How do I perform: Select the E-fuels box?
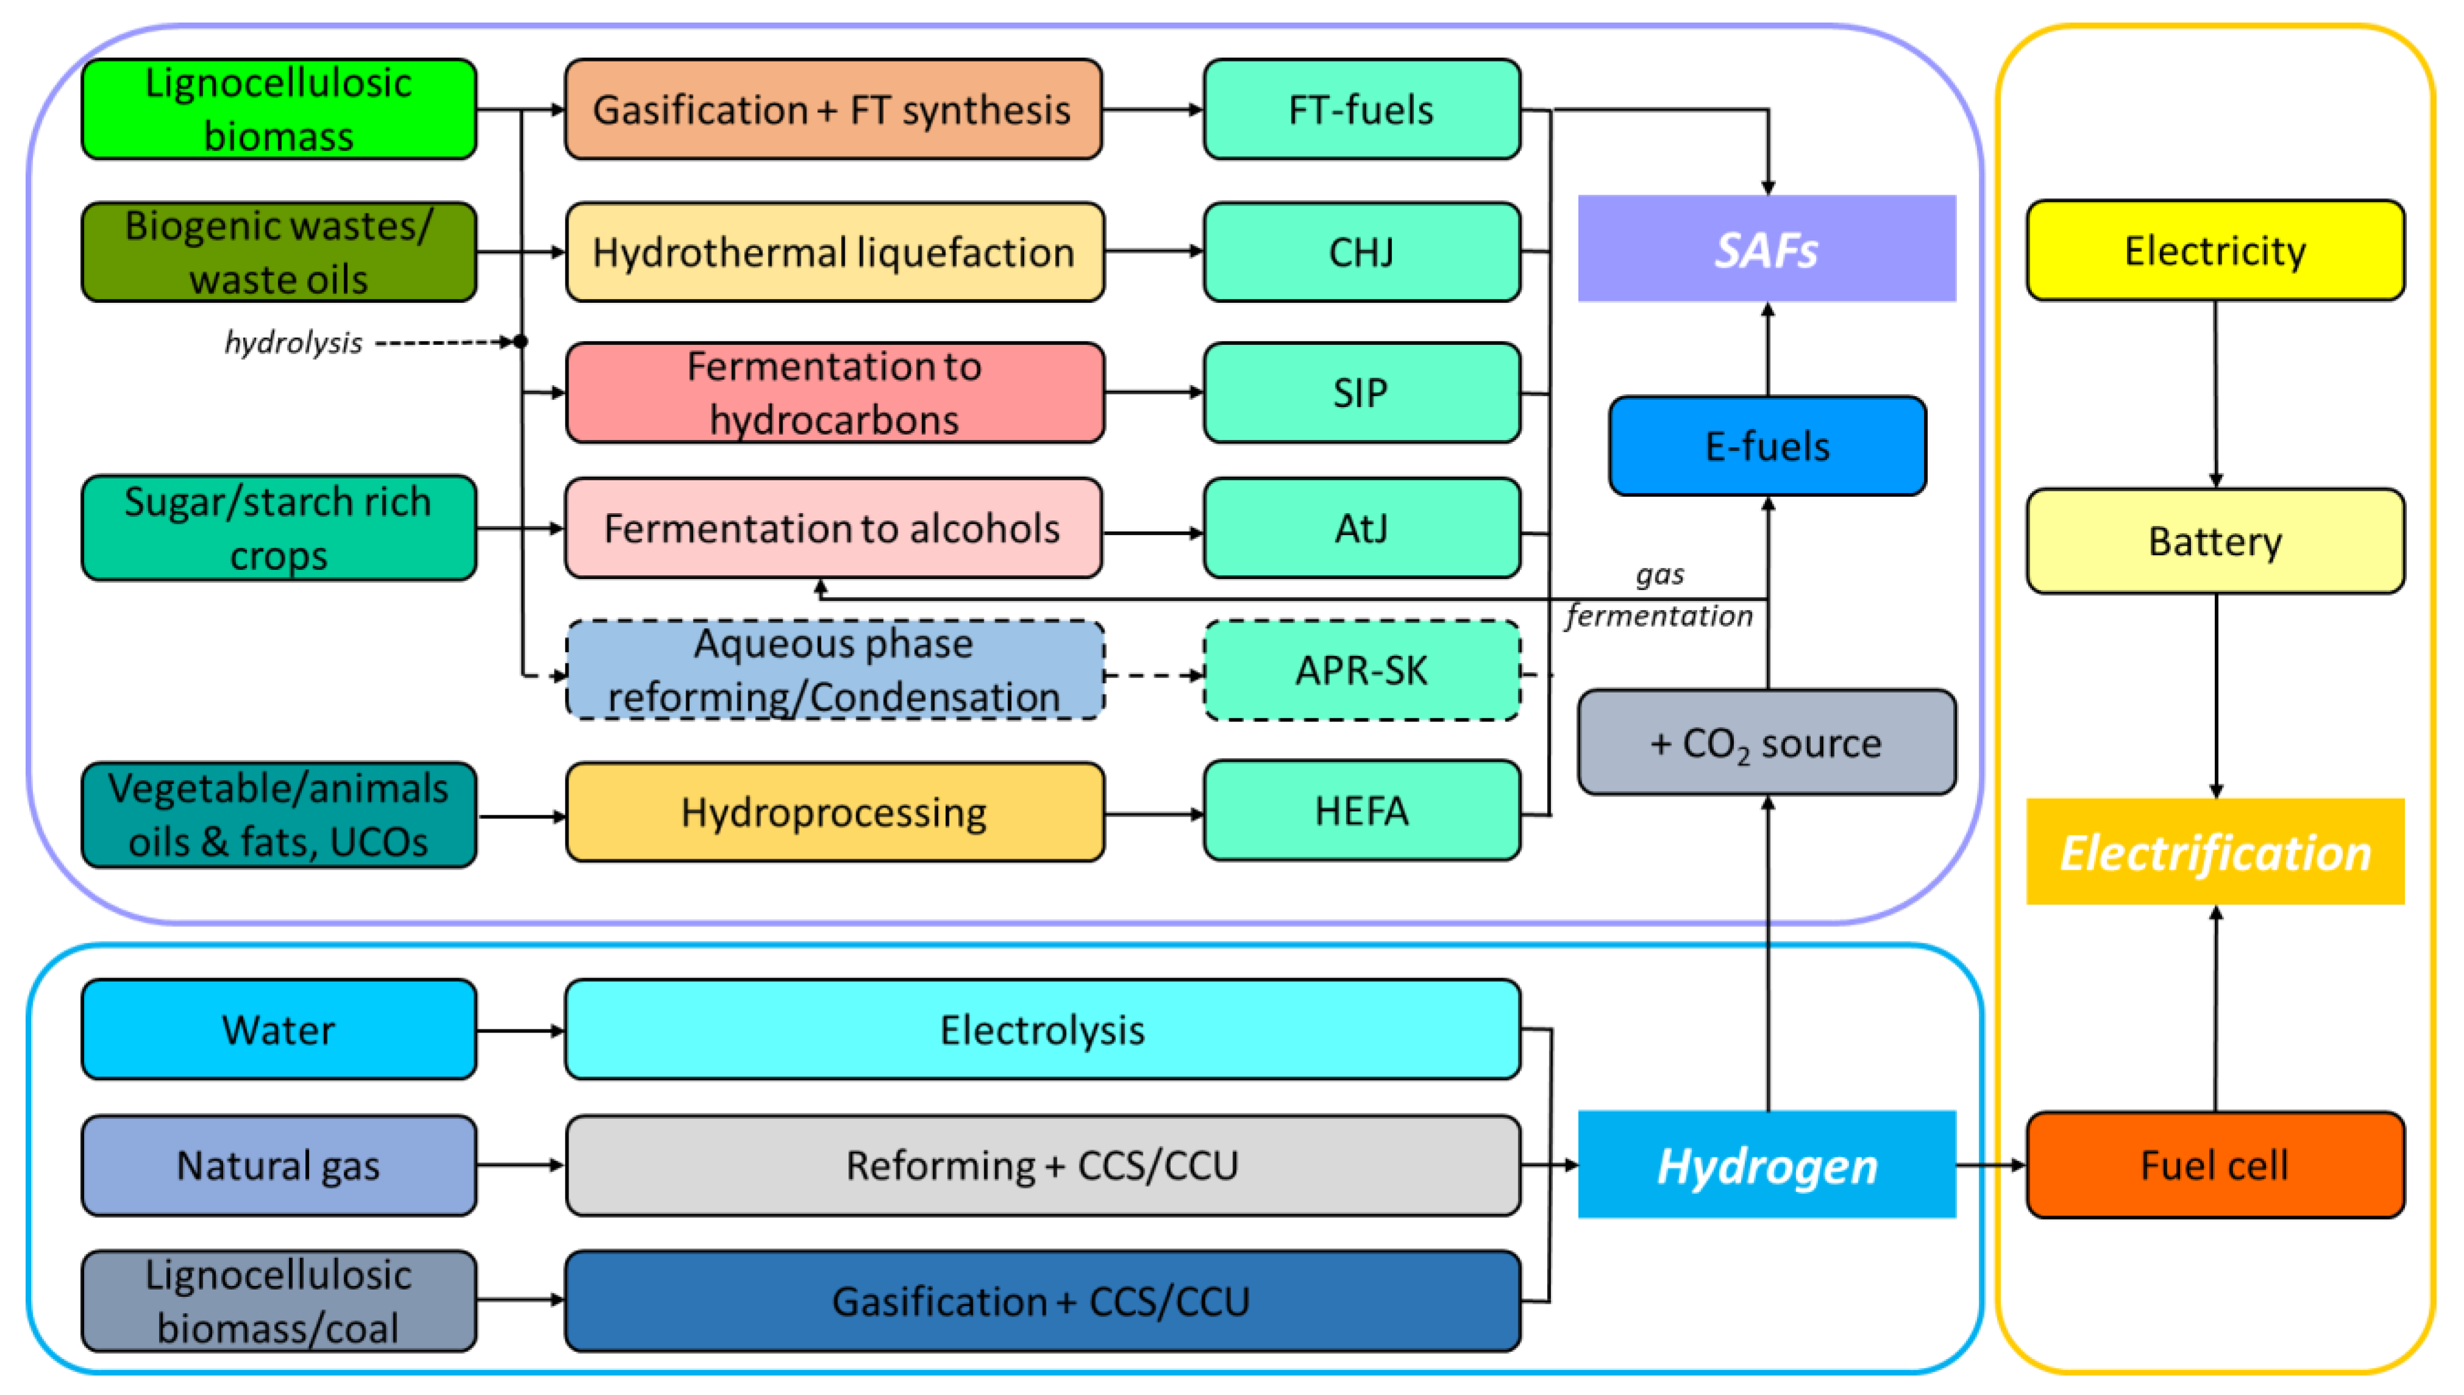click(1767, 447)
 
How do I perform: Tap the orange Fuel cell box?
click(2214, 1165)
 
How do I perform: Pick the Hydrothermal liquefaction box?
click(834, 252)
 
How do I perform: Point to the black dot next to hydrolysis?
click(520, 341)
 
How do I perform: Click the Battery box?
click(2214, 541)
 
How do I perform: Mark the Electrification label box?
click(2214, 852)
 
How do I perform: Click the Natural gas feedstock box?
click(278, 1165)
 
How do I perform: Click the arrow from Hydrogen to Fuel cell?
click(1990, 1165)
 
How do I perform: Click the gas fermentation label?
click(1660, 595)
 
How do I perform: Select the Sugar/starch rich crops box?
click(278, 528)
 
